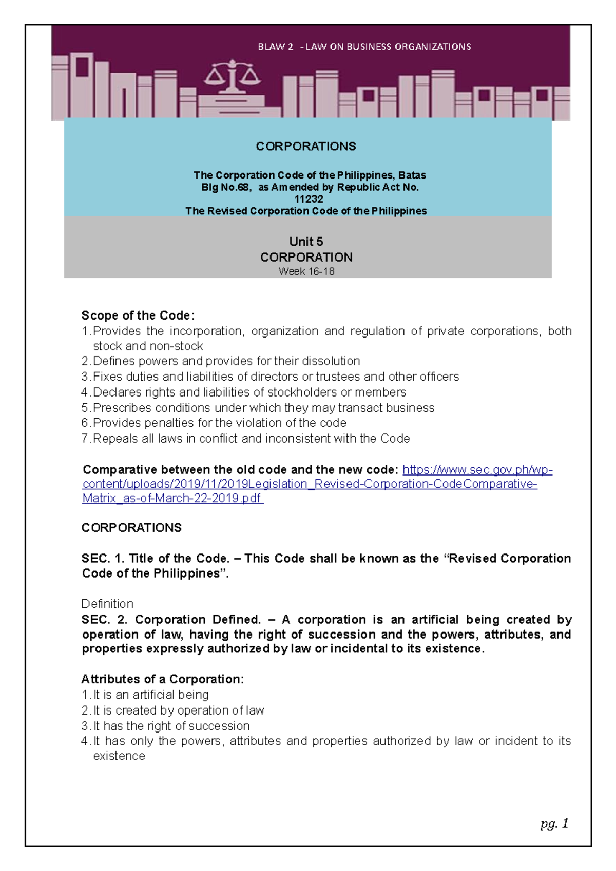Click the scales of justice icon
(232, 77)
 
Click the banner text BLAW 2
(275, 47)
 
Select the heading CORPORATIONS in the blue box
(306, 146)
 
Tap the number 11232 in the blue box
(309, 199)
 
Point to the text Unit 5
(306, 242)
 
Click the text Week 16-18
(306, 271)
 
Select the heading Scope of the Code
(138, 315)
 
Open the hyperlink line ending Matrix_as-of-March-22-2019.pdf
(172, 498)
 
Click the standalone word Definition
(107, 604)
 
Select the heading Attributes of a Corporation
(162, 679)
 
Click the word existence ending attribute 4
(119, 756)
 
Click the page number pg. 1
(554, 824)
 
